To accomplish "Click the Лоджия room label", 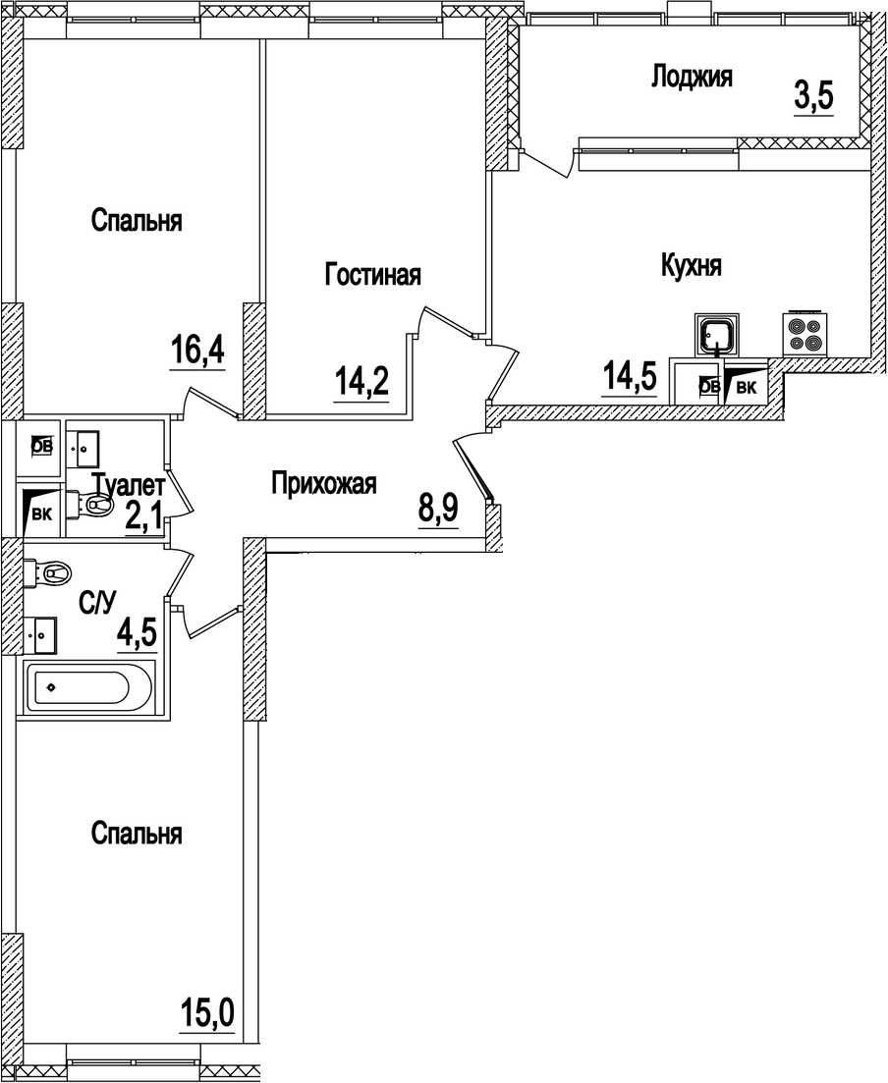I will (x=692, y=78).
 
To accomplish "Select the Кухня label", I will (x=692, y=266).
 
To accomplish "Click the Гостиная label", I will (x=372, y=276).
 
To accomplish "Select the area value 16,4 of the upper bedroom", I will (x=197, y=350).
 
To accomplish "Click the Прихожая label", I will (x=323, y=483).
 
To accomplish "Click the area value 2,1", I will (x=143, y=516).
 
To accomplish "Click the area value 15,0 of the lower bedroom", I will (x=207, y=1010).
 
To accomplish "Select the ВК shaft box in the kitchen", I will (x=745, y=387).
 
